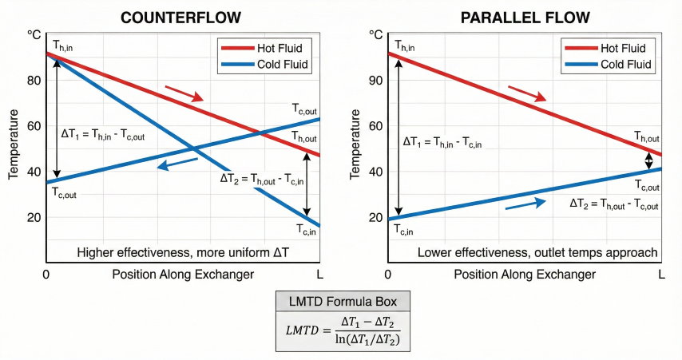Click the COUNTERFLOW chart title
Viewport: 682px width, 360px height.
[x=182, y=17]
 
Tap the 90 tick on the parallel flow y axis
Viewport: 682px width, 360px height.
[x=376, y=80]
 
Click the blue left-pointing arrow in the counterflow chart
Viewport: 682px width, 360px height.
[x=177, y=164]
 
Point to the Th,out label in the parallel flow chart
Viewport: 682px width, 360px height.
[x=647, y=137]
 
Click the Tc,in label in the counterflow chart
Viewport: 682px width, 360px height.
[x=311, y=230]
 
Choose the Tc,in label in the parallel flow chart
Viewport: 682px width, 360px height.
[x=403, y=230]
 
